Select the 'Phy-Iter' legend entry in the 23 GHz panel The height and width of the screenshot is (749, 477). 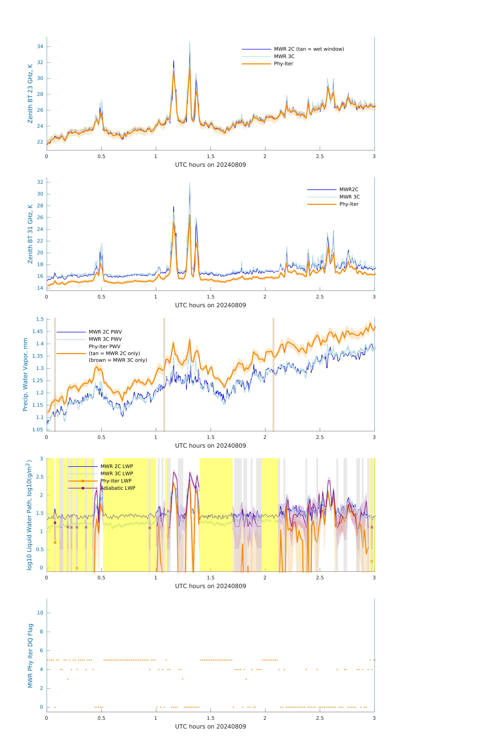283,64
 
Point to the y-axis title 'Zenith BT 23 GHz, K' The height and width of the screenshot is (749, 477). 30,94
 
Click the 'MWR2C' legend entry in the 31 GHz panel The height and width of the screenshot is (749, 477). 349,189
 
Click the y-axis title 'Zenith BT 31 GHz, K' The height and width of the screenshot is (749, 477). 30,234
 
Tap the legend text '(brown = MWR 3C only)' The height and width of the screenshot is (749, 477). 118,360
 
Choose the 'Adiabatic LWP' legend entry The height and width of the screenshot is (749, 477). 118,488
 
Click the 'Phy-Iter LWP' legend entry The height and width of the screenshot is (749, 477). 116,481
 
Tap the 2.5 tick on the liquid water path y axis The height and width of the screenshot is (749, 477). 39,477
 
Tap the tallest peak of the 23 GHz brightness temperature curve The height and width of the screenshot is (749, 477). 190,43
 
